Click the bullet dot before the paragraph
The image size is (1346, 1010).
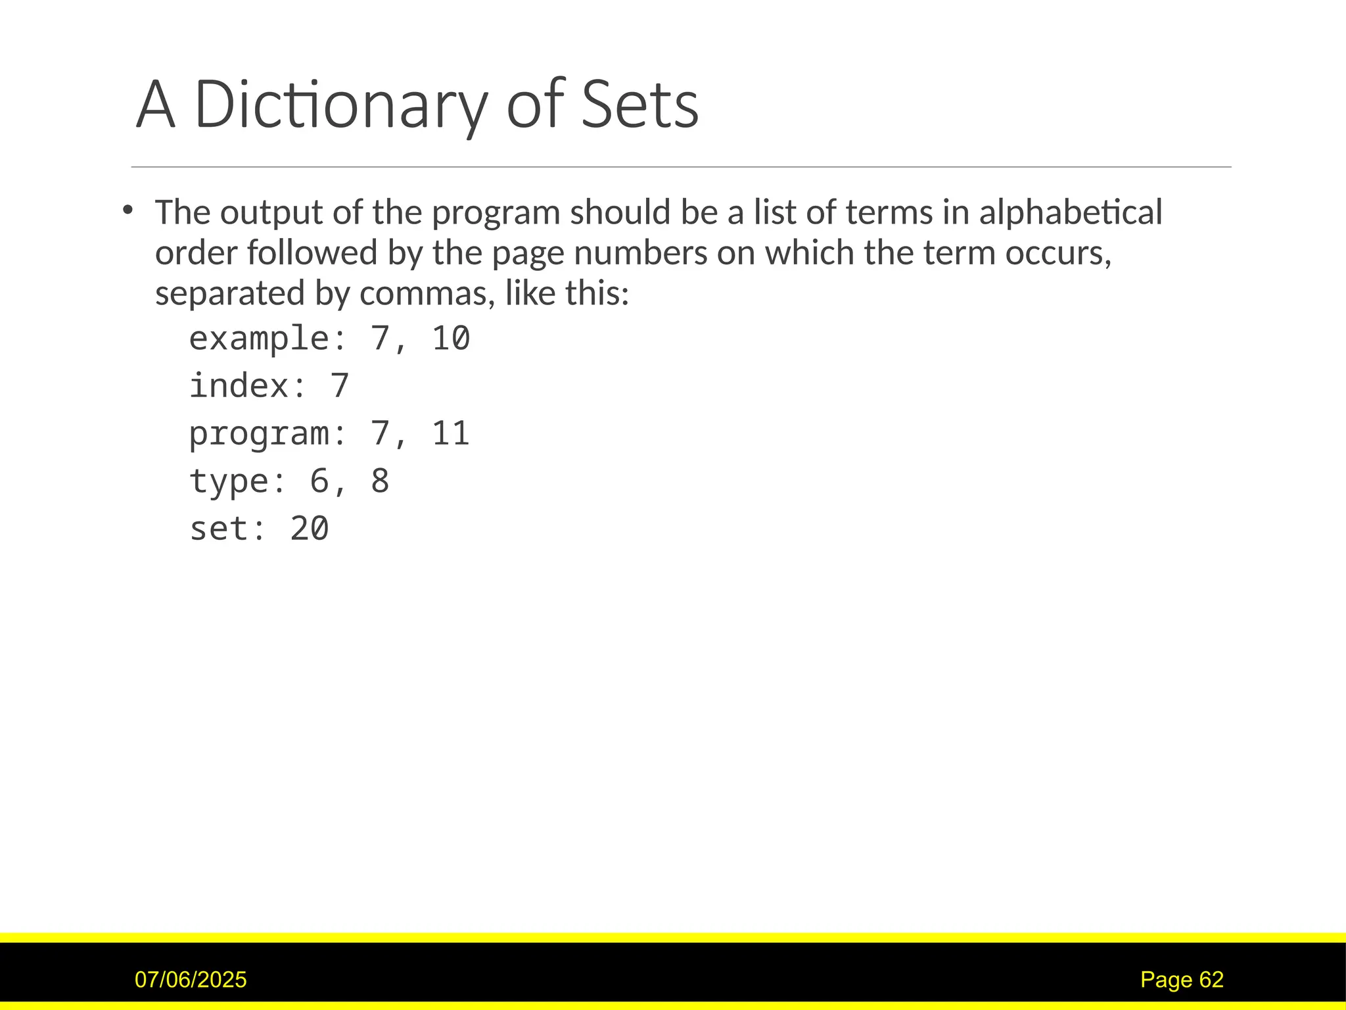coord(128,210)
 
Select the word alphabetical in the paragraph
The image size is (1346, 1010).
coord(1070,212)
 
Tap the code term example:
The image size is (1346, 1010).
coord(267,339)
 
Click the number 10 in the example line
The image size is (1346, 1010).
coord(451,339)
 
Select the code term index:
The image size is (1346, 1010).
coord(248,386)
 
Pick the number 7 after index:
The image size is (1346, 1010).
coord(339,386)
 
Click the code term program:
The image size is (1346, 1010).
coord(267,434)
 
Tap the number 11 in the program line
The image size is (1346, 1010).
coord(451,434)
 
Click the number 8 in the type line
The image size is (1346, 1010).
coord(380,481)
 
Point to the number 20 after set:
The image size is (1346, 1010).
coord(310,529)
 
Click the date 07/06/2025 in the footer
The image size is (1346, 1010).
coord(191,980)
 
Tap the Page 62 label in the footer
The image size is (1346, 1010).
coord(1182,980)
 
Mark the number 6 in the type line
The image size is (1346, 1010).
coord(319,481)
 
